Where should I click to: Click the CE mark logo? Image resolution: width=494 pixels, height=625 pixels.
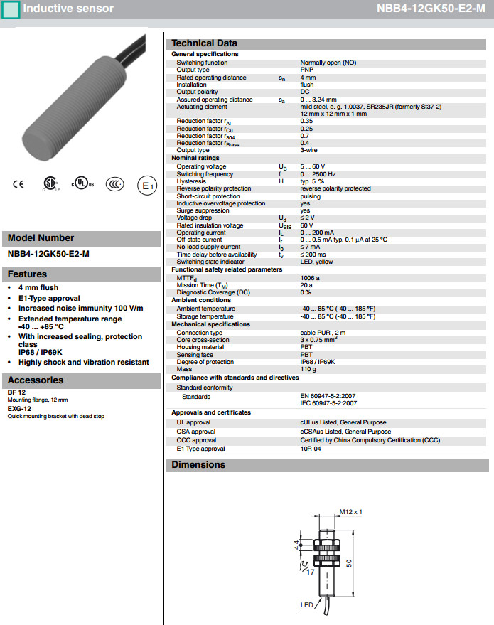[x=18, y=184]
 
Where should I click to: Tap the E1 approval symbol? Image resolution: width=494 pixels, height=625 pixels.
[x=146, y=186]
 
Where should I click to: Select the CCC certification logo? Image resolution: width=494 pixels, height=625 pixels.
[x=114, y=184]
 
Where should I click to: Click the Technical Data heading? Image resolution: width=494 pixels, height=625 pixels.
[x=204, y=43]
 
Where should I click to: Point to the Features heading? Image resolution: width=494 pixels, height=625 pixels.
[x=27, y=274]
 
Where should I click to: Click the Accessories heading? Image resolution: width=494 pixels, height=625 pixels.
[x=36, y=380]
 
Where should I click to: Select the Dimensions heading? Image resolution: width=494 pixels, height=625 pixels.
[x=198, y=465]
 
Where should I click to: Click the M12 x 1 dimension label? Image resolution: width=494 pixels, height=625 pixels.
[x=350, y=512]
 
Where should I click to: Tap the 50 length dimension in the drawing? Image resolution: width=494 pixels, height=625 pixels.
[x=349, y=562]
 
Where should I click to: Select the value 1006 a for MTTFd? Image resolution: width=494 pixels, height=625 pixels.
[x=310, y=278]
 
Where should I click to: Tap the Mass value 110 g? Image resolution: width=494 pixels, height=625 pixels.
[x=308, y=370]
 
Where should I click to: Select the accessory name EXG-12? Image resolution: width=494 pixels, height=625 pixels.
[x=19, y=409]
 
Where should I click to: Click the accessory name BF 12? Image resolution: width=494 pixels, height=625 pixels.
[x=17, y=392]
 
